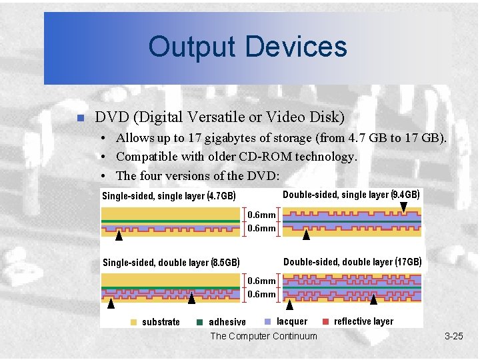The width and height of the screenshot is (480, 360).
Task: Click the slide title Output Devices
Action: point(247,47)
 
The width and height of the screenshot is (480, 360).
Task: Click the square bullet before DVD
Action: point(79,119)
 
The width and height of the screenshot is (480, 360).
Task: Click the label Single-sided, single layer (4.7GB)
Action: point(168,196)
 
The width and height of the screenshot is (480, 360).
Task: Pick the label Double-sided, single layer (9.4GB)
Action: point(351,195)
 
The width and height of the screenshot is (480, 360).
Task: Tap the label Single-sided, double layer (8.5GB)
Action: point(171,263)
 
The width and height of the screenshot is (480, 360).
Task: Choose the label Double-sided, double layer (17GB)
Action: point(352,261)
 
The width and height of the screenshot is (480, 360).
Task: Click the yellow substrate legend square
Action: point(134,322)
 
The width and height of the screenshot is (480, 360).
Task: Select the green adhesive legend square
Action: point(199,322)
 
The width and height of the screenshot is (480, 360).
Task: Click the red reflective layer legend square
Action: point(325,321)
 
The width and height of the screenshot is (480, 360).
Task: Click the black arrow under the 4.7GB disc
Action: point(119,235)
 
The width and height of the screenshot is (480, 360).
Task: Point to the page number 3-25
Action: point(453,336)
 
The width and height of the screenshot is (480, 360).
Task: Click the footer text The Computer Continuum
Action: point(263,336)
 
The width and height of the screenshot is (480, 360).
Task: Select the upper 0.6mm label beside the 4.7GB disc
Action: point(261,215)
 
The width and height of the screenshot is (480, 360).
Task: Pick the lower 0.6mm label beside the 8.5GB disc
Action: point(261,294)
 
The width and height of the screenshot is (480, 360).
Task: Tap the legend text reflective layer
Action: point(363,321)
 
